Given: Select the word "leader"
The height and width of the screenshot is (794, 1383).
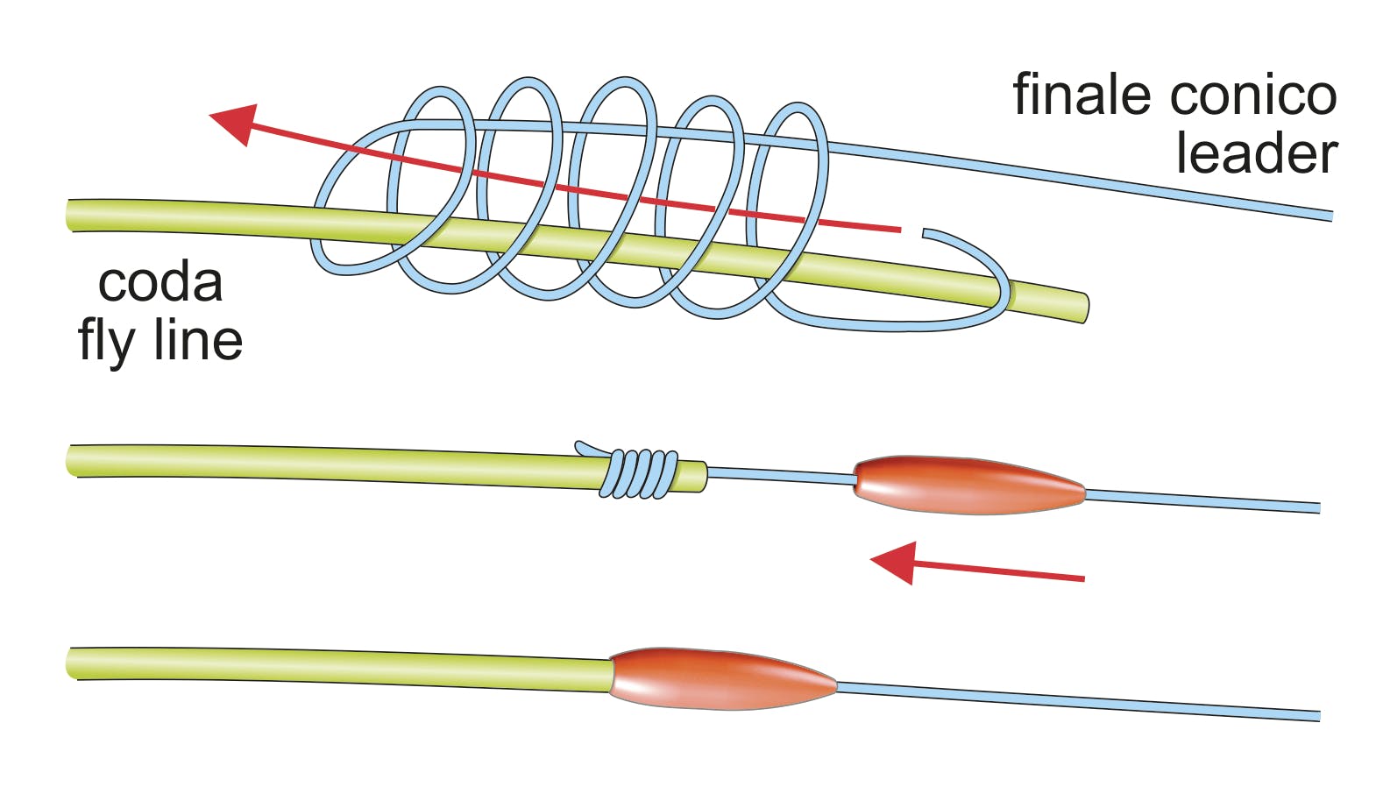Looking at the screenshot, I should [x=1256, y=153].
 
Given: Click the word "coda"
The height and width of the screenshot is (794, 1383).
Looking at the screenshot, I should [x=160, y=282].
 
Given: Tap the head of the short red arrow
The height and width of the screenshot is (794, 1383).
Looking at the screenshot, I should [x=894, y=561].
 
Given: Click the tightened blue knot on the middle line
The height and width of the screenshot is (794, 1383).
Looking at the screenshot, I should [x=641, y=474].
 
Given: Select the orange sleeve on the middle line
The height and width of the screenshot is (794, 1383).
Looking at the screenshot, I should [x=969, y=485].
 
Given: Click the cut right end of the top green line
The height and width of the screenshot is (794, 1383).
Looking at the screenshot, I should [x=1084, y=308].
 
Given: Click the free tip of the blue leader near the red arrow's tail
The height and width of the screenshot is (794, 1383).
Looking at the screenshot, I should [x=926, y=233].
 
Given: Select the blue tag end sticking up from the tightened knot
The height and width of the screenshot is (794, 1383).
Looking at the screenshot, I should [x=580, y=447].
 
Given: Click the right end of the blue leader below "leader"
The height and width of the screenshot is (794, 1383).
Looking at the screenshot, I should [x=1329, y=216].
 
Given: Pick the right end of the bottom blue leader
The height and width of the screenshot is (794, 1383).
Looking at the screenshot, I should [x=1317, y=716].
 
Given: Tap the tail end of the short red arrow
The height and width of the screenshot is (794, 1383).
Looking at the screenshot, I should [x=1083, y=578].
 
